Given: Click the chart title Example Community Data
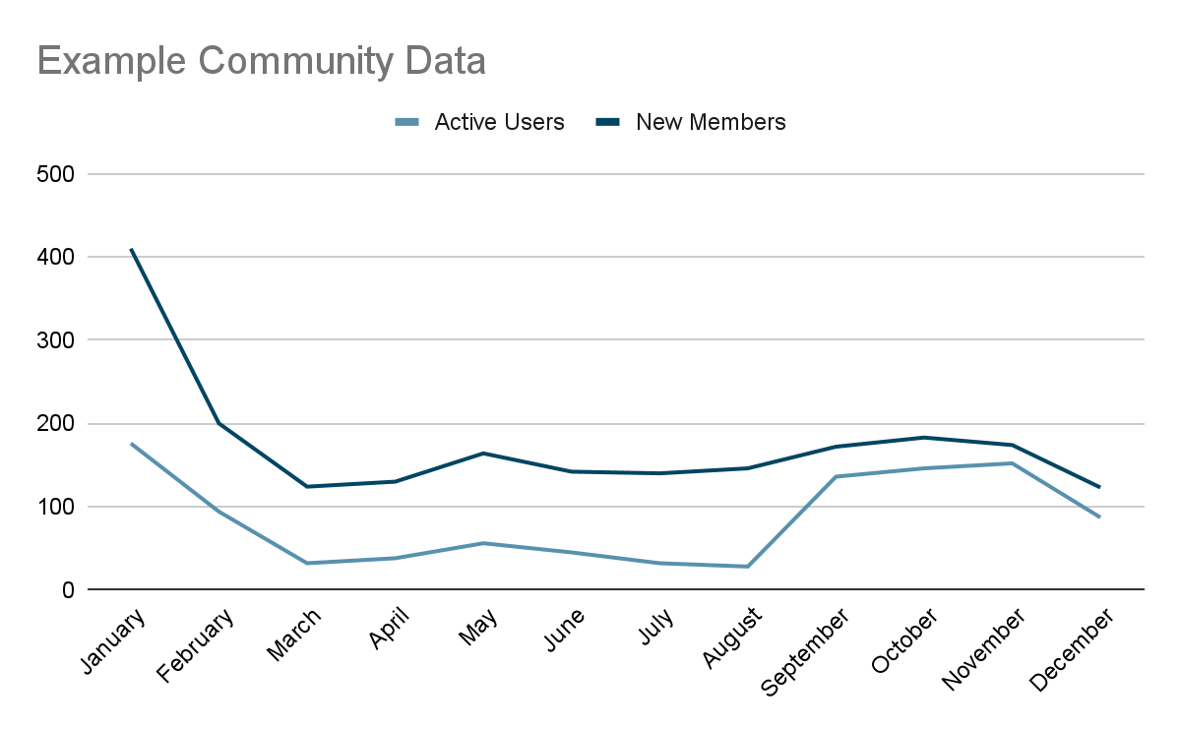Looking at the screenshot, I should (261, 61).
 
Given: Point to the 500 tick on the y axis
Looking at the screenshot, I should (55, 174).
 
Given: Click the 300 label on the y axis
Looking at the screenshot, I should (55, 340).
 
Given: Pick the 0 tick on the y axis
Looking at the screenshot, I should (68, 590).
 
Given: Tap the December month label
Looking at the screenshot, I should (1073, 651).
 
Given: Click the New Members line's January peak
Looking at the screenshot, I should (131, 249).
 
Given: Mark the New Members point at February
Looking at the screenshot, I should (218, 423).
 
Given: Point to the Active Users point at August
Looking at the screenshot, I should (747, 567).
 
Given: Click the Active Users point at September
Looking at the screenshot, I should (836, 477).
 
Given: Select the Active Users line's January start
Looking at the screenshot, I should (131, 444).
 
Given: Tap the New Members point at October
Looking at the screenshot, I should (923, 438).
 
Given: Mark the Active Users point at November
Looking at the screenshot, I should (1012, 463).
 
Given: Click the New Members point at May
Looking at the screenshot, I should (483, 454).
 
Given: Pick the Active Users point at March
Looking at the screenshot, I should (307, 563).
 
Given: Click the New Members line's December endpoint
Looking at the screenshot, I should (1099, 487).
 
